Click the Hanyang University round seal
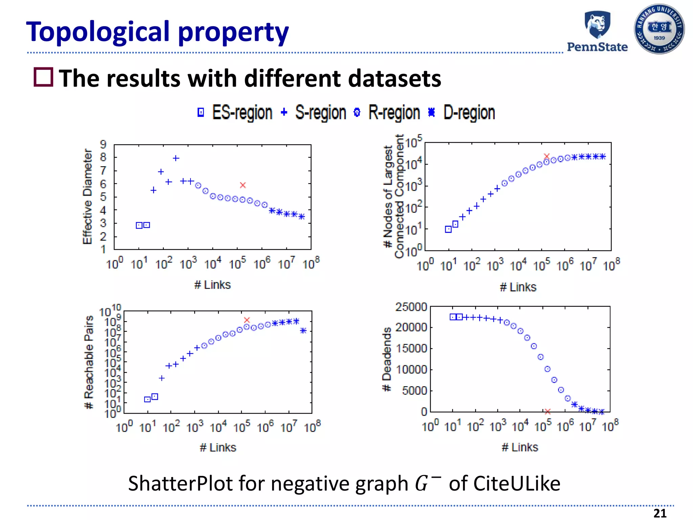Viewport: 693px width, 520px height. pyautogui.click(x=659, y=29)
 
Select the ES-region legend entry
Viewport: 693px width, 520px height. pyautogui.click(x=236, y=112)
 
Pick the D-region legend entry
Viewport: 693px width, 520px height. pyautogui.click(x=462, y=112)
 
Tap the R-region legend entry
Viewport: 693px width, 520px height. pyautogui.click(x=387, y=112)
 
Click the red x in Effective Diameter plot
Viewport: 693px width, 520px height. pyautogui.click(x=243, y=185)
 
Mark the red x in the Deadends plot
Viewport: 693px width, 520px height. pyautogui.click(x=547, y=411)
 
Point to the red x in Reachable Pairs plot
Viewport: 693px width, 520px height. pyautogui.click(x=247, y=320)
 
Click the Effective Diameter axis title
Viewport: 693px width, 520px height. pyautogui.click(x=87, y=196)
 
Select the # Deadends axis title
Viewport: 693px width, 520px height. pyautogui.click(x=386, y=359)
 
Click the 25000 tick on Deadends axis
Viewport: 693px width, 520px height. pyautogui.click(x=411, y=307)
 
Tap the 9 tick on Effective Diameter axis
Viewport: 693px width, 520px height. pyautogui.click(x=103, y=145)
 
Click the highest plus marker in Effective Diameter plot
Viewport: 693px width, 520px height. pyautogui.click(x=176, y=158)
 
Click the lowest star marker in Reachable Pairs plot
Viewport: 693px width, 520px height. pyautogui.click(x=303, y=330)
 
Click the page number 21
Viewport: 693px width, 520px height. pyautogui.click(x=660, y=513)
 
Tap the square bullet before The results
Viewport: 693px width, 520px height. pyautogui.click(x=44, y=77)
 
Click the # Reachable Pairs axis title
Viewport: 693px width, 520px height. pyautogui.click(x=89, y=362)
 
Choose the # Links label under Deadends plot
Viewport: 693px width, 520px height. pyautogui.click(x=520, y=447)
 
